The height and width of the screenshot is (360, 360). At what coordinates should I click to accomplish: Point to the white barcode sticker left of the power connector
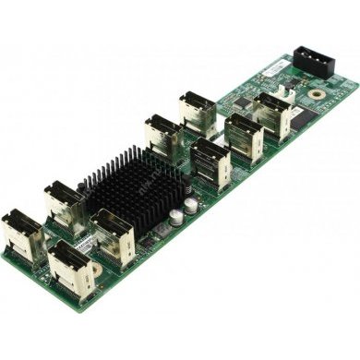(275, 68)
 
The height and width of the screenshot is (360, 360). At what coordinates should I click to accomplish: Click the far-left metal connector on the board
(20, 234)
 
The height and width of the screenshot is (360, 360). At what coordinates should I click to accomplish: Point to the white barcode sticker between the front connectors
(81, 242)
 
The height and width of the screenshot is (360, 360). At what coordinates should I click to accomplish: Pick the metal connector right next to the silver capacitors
(211, 164)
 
